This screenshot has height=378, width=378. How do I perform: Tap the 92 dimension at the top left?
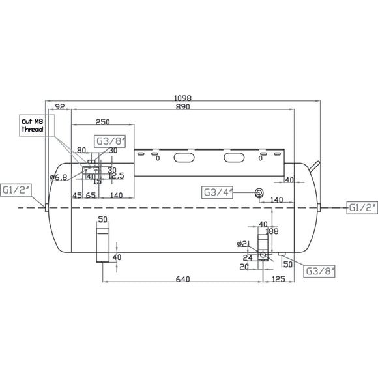point(61,106)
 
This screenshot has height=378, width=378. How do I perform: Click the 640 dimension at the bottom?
point(182,279)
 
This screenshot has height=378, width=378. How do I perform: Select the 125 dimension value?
point(278,279)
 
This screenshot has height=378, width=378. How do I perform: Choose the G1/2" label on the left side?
point(14,190)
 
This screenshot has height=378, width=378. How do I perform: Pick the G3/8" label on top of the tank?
point(108,141)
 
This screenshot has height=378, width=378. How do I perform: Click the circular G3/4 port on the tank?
point(259,193)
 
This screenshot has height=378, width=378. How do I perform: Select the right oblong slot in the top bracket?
point(234,157)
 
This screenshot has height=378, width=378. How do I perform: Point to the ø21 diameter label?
point(244,244)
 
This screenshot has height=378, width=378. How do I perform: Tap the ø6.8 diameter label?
point(59,177)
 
